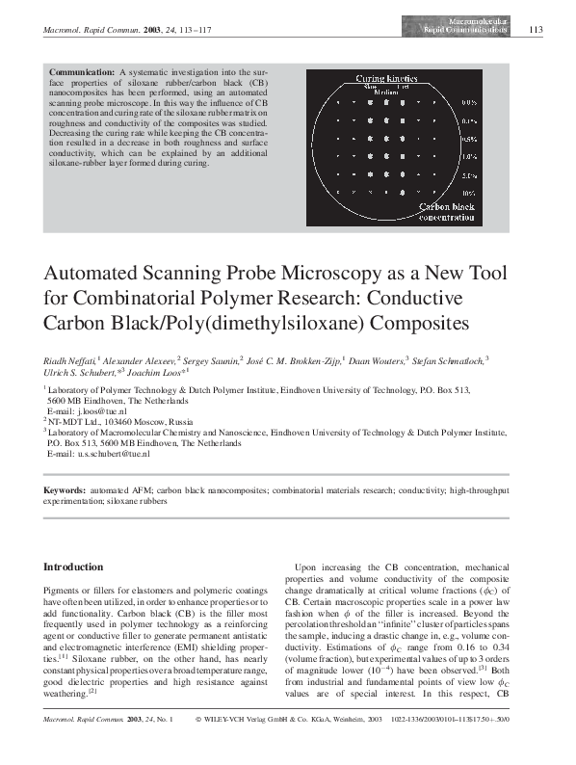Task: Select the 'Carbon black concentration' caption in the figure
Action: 443,212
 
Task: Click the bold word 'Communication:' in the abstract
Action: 85,72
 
